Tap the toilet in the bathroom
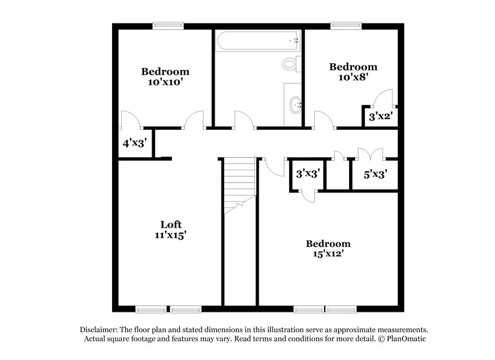click(x=290, y=63)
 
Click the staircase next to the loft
click(x=239, y=182)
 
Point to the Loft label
click(x=171, y=224)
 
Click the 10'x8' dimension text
click(x=353, y=77)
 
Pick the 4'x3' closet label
click(x=134, y=143)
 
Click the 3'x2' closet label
click(x=381, y=115)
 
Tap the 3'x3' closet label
click(x=307, y=174)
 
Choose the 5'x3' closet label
click(x=375, y=174)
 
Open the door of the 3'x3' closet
click(x=308, y=194)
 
